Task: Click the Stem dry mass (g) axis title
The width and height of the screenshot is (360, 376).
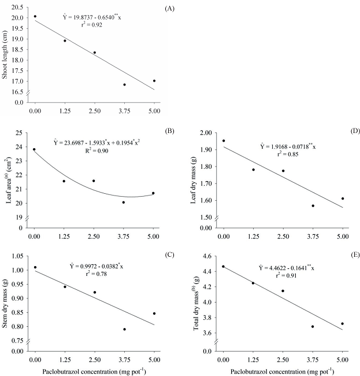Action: click(7, 299)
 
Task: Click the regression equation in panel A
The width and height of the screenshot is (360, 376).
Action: click(92, 17)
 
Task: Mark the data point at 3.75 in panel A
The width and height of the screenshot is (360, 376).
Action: click(124, 84)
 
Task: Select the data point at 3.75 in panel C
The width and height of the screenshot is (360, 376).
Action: click(124, 329)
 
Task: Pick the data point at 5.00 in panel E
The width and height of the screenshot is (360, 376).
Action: click(343, 324)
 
